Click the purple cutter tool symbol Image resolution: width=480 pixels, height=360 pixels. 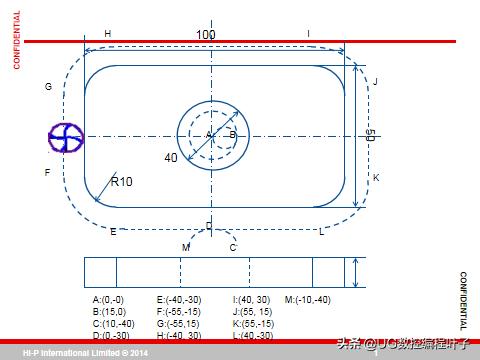tap(65, 137)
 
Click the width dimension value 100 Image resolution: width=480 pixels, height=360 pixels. tap(205, 35)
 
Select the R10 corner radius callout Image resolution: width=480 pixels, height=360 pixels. tap(121, 181)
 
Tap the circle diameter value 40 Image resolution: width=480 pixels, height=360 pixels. tap(171, 157)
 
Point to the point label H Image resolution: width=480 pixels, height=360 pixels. tap(108, 34)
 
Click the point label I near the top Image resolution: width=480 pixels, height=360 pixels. tap(308, 34)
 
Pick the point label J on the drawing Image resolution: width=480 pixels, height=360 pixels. tap(375, 81)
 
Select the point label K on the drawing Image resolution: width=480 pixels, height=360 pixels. tap(376, 177)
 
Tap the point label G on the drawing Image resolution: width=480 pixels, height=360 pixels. tap(47, 87)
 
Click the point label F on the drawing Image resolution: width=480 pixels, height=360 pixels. tap(47, 172)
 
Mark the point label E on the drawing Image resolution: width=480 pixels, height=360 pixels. tap(113, 232)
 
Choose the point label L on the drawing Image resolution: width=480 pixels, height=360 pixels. tap(321, 232)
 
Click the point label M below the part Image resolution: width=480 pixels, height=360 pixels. tap(185, 247)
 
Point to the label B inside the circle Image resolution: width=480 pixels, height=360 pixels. tap(232, 134)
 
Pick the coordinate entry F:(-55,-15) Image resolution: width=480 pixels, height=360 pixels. tap(180, 312)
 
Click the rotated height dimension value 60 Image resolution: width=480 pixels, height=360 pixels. tap(370, 136)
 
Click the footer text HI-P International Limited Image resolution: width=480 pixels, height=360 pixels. tap(85, 353)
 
